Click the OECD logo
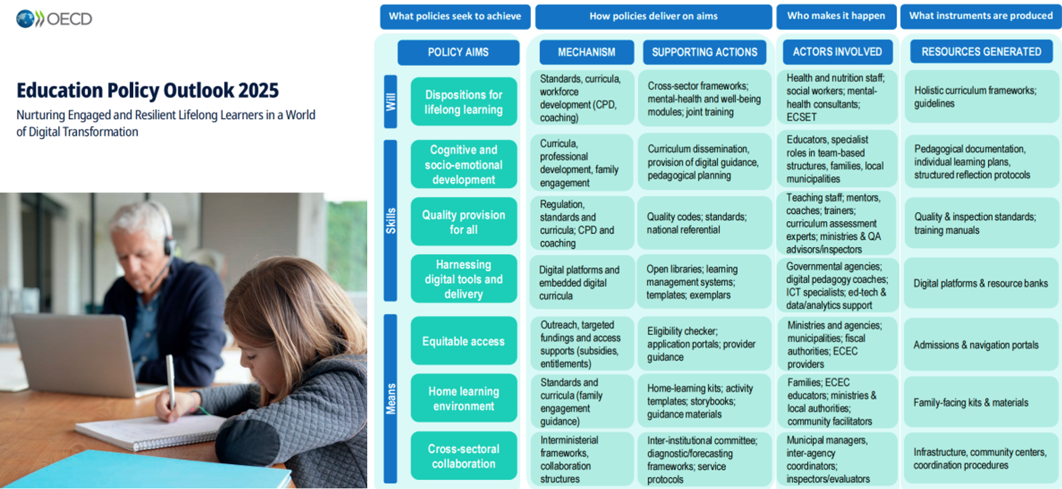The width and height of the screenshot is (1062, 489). tap(54, 19)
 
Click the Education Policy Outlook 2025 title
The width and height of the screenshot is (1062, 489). tap(147, 90)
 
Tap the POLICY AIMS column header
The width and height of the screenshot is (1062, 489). tap(458, 53)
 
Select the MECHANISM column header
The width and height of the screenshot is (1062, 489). tap(586, 53)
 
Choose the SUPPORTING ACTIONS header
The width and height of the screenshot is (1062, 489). tap(704, 53)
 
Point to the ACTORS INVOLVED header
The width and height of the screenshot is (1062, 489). tap(837, 52)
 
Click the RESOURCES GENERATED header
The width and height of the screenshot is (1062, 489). tap(981, 52)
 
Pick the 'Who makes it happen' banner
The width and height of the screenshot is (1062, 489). tap(836, 17)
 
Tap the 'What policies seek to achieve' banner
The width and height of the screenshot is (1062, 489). tap(455, 17)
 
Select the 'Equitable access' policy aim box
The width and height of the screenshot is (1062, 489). tap(463, 341)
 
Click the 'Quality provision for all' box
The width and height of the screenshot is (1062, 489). tap(463, 222)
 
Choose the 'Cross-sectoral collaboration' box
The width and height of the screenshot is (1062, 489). tap(463, 456)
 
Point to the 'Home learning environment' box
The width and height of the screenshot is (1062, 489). tap(463, 399)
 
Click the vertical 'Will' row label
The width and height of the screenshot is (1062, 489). tap(390, 101)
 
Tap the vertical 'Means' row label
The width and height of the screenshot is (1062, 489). tap(390, 399)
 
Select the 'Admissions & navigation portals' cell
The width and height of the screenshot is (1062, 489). tap(980, 345)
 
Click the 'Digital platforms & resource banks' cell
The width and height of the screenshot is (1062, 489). tap(980, 284)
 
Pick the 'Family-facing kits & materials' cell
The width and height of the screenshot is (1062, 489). tap(980, 402)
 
